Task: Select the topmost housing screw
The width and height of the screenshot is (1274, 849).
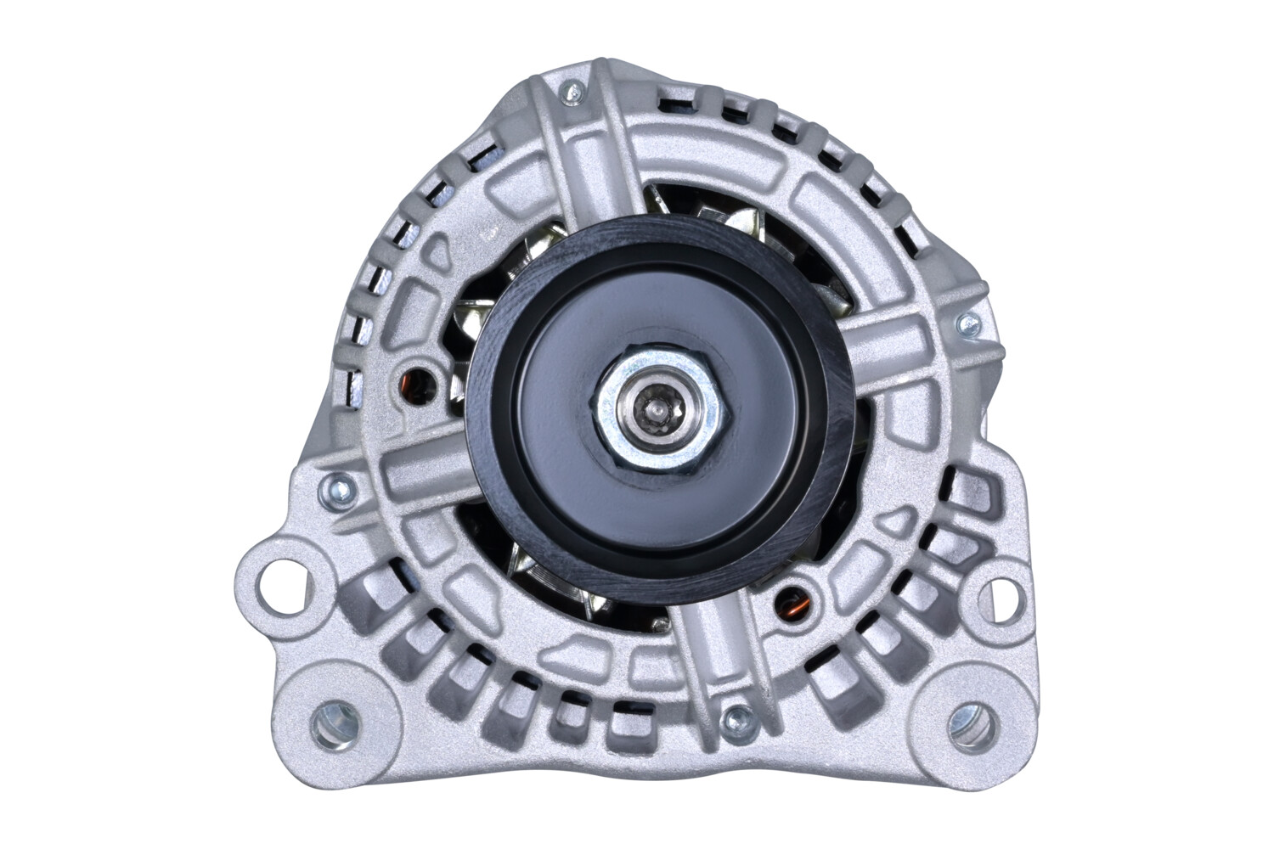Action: tap(577, 87)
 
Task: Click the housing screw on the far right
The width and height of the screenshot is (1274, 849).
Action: tap(966, 322)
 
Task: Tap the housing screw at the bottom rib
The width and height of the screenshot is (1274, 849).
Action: tap(729, 720)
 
